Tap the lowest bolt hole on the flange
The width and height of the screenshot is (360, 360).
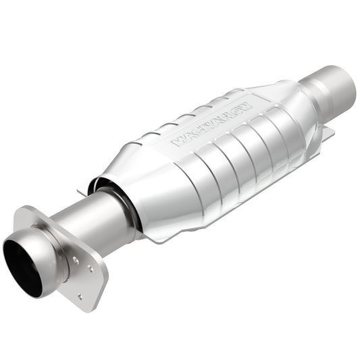(x=80, y=296)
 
